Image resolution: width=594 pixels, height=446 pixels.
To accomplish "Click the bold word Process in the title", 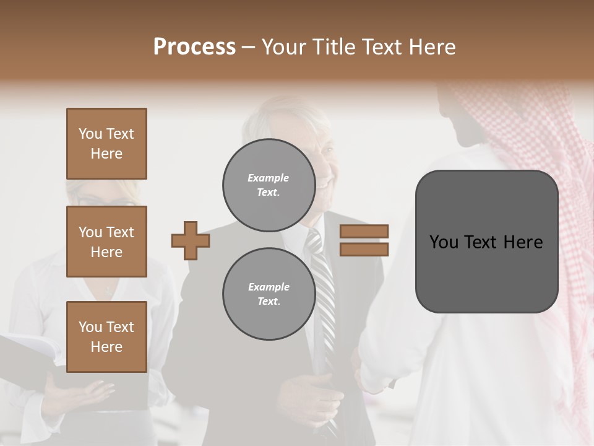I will coord(194,47).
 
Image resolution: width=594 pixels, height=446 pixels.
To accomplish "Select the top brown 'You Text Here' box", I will coord(106,144).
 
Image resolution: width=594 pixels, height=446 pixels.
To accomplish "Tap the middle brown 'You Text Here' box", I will coord(106,242).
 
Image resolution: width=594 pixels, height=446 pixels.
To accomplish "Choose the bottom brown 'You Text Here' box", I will coord(106,336).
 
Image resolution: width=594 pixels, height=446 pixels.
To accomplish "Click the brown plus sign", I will coord(191,240).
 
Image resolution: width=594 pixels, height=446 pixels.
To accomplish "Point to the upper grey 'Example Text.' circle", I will coord(268,185).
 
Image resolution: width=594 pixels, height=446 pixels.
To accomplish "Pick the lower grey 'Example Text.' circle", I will coord(268,294).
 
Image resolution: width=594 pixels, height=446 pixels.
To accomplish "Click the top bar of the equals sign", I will coord(364,231).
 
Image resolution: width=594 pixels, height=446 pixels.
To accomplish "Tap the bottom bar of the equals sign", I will coord(364,249).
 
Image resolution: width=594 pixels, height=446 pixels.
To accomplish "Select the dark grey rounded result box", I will coord(486,242).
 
